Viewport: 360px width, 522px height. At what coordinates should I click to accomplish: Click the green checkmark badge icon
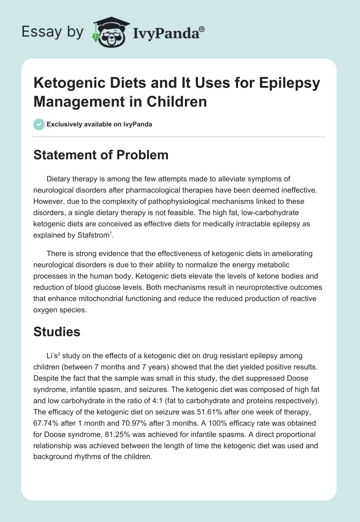coord(40,124)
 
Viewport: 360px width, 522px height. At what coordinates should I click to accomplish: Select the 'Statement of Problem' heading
coord(101,155)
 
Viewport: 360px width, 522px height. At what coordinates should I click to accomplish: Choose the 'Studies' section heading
coord(57,332)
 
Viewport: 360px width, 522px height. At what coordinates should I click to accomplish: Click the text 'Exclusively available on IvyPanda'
coord(99,125)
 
